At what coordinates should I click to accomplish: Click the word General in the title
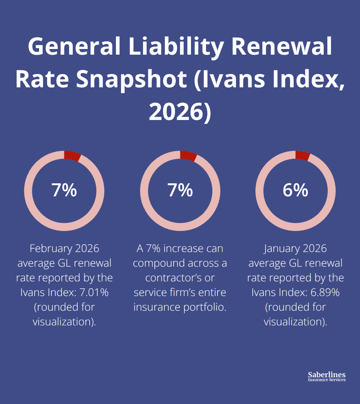pos(74,47)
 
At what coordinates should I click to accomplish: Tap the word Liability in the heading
pos(176,47)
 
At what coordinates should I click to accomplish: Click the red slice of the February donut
pos(72,156)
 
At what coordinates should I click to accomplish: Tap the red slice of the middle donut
pos(188,156)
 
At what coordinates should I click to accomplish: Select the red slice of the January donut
pos(303,155)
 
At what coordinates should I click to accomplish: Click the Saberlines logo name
pos(327,375)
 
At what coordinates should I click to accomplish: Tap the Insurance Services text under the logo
pos(327,380)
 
